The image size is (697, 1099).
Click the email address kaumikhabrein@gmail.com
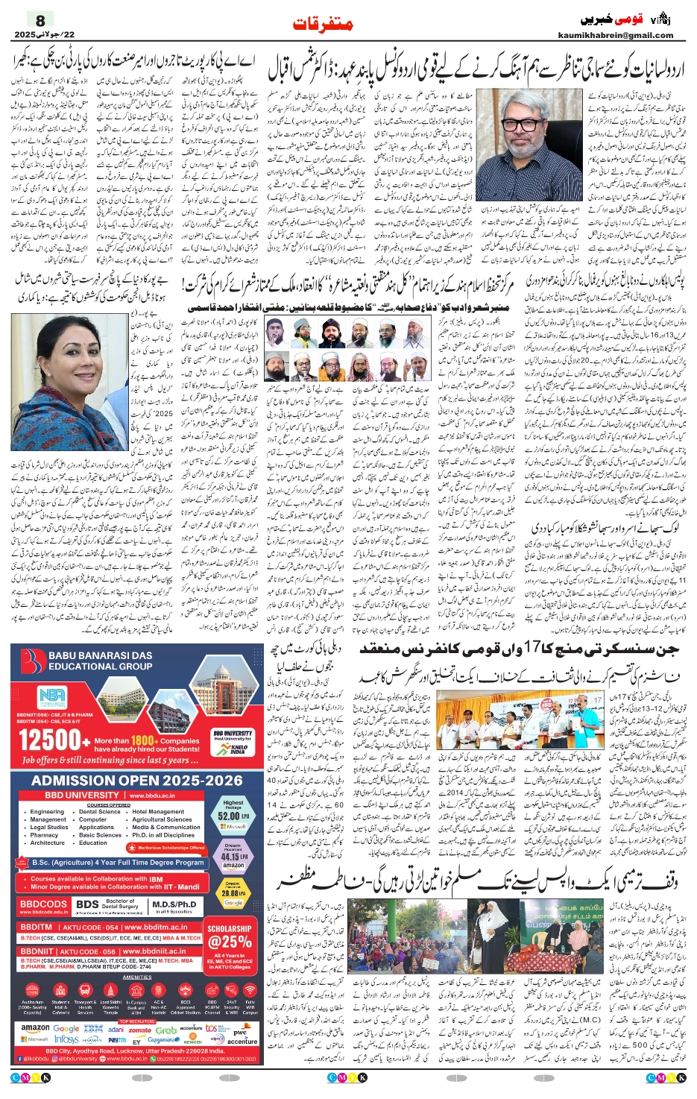click(x=615, y=35)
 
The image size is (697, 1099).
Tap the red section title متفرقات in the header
click(x=322, y=25)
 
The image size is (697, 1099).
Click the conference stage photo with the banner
click(x=521, y=722)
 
